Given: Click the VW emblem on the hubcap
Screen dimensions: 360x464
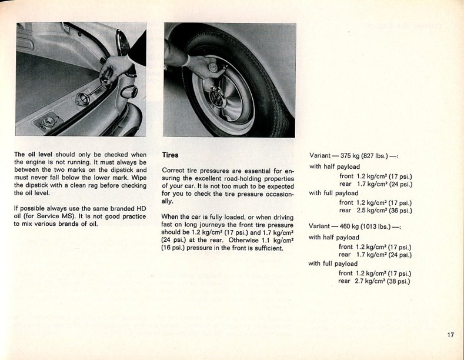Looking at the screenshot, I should click(218, 98).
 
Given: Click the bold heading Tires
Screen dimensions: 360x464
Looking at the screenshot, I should click(170, 155).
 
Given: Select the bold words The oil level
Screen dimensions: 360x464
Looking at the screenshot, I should click(33, 155).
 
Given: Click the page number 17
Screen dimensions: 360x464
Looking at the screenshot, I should click(450, 335).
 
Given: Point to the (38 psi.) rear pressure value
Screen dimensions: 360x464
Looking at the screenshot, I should click(398, 281).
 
